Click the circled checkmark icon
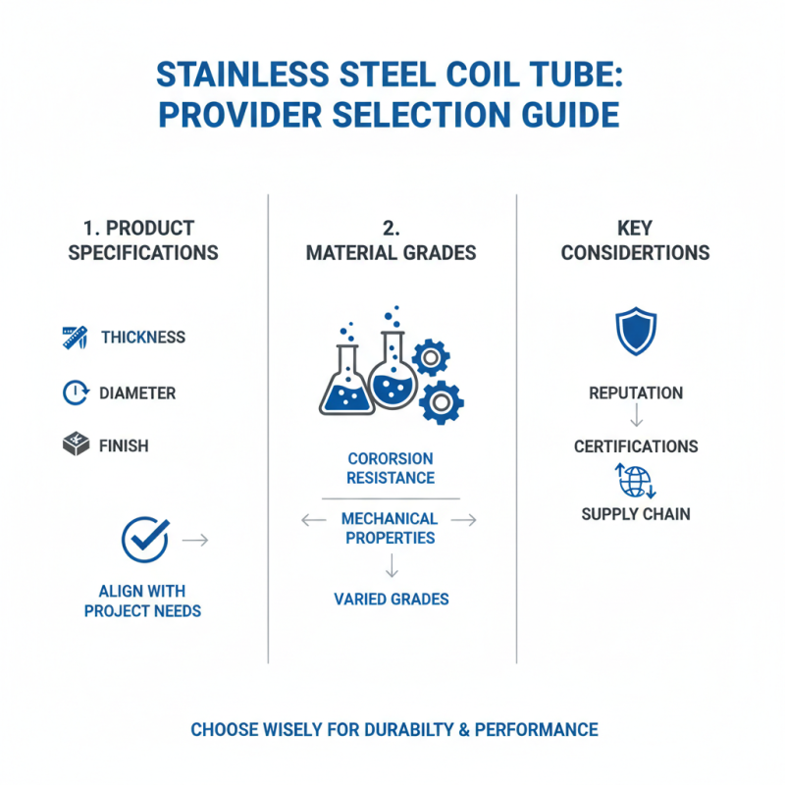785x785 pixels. tap(144, 539)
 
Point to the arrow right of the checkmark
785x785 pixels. tap(195, 540)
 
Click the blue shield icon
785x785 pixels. tap(635, 332)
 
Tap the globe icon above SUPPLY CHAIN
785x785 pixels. tap(635, 481)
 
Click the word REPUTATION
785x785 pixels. tap(636, 393)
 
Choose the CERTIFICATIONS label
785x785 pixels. tap(636, 446)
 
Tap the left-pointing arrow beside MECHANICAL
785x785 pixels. tap(313, 520)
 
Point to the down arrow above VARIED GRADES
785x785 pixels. tap(391, 566)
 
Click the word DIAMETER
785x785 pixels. tap(137, 393)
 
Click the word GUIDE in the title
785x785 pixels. tap(569, 115)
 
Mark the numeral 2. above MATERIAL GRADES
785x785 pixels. tap(391, 229)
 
